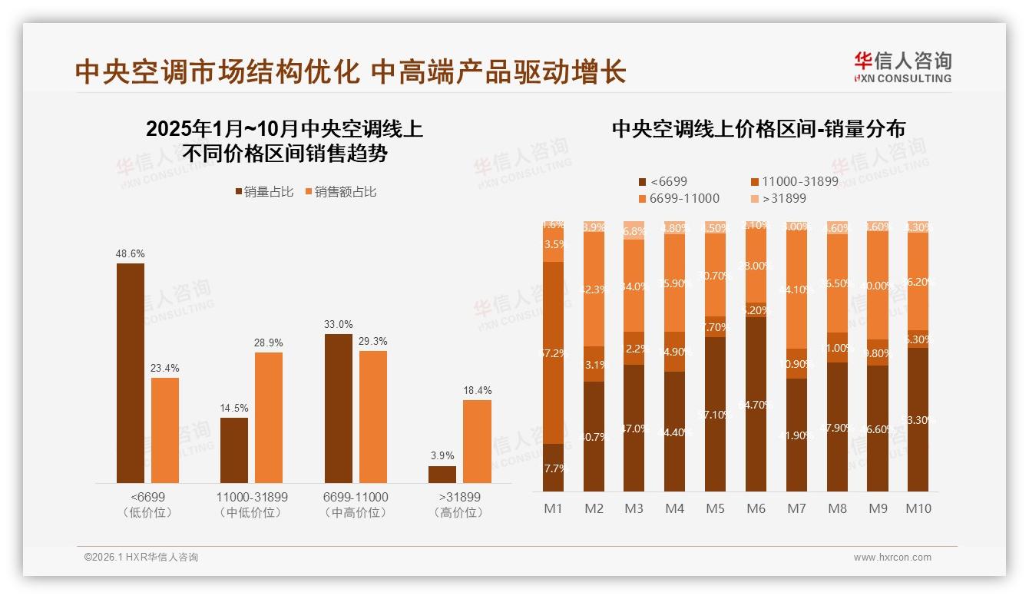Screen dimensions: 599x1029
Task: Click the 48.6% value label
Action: pos(130,253)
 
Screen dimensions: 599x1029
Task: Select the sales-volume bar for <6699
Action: pos(130,373)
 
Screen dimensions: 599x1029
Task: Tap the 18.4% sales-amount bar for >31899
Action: pos(477,442)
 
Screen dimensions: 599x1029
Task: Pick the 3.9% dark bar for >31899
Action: pos(442,475)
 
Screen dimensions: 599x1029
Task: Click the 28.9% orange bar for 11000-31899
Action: pos(269,418)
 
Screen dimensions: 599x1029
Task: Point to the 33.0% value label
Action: pos(338,324)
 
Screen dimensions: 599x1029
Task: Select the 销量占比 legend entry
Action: pos(264,192)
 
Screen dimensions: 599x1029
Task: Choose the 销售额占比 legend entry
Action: pos(340,192)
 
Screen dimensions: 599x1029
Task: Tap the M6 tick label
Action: pos(756,508)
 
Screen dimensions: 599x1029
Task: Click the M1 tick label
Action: pos(553,508)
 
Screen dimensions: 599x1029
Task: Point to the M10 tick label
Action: pos(918,508)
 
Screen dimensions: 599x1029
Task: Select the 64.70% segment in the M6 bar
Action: pos(756,404)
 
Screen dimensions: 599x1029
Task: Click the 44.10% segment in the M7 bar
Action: pos(796,290)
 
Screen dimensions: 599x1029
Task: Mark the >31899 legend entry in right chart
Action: pos(779,199)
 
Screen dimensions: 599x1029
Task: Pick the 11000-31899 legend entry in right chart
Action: pos(794,182)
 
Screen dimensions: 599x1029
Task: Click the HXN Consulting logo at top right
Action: pos(902,67)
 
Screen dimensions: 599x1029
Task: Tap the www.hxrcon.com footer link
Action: pos(892,558)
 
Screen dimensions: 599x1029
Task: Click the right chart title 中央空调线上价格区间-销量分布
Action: pos(758,129)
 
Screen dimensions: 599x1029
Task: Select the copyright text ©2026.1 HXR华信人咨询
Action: pos(141,558)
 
